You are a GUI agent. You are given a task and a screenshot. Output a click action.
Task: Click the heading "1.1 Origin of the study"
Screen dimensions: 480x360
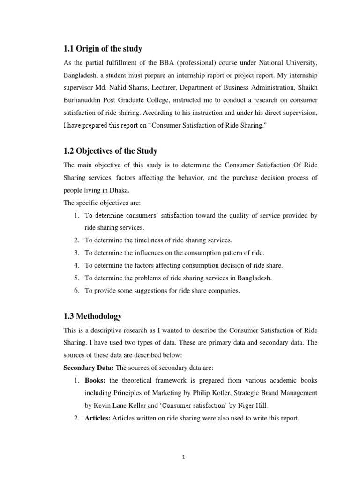(x=103, y=49)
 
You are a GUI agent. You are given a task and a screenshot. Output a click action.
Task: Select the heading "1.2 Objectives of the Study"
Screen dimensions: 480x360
(x=110, y=151)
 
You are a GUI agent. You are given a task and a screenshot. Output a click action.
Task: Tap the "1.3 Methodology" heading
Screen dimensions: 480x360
(x=92, y=316)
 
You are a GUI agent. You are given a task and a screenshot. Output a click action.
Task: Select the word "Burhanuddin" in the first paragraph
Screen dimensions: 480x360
(x=82, y=100)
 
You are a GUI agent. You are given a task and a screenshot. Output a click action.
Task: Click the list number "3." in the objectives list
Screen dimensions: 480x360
(x=77, y=253)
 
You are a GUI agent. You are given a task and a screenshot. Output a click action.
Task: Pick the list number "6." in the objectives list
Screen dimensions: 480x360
(x=77, y=291)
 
